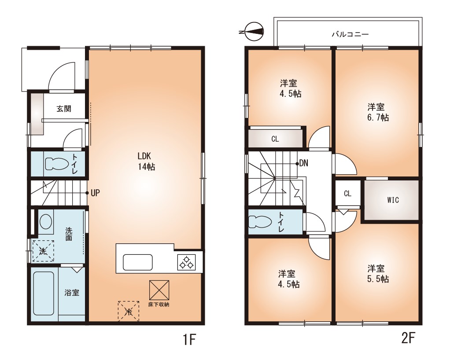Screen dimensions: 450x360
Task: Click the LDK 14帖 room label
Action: [x=146, y=161]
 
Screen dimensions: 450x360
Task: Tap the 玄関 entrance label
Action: [x=63, y=109]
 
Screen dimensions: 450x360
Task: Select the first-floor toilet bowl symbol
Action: [x=57, y=164]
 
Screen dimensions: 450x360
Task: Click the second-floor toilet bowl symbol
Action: [x=260, y=222]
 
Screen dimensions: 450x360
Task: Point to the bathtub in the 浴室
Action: [x=44, y=294]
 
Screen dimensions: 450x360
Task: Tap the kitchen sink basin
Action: [x=137, y=262]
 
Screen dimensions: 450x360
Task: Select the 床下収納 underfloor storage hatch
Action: [x=159, y=290]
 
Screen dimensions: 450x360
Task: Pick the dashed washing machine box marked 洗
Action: [x=43, y=251]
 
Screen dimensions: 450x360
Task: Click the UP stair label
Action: [x=95, y=193]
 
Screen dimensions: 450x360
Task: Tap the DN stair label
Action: [x=304, y=164]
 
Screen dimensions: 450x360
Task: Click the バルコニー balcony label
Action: [x=350, y=34]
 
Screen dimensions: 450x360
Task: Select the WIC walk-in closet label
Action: [x=393, y=200]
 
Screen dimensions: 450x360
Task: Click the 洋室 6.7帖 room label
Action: [x=378, y=113]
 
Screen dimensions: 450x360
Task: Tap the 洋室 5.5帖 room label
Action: [x=378, y=274]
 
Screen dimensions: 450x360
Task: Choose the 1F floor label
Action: [x=189, y=340]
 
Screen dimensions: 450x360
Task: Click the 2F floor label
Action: [x=408, y=338]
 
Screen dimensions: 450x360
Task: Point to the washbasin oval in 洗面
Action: [x=46, y=222]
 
